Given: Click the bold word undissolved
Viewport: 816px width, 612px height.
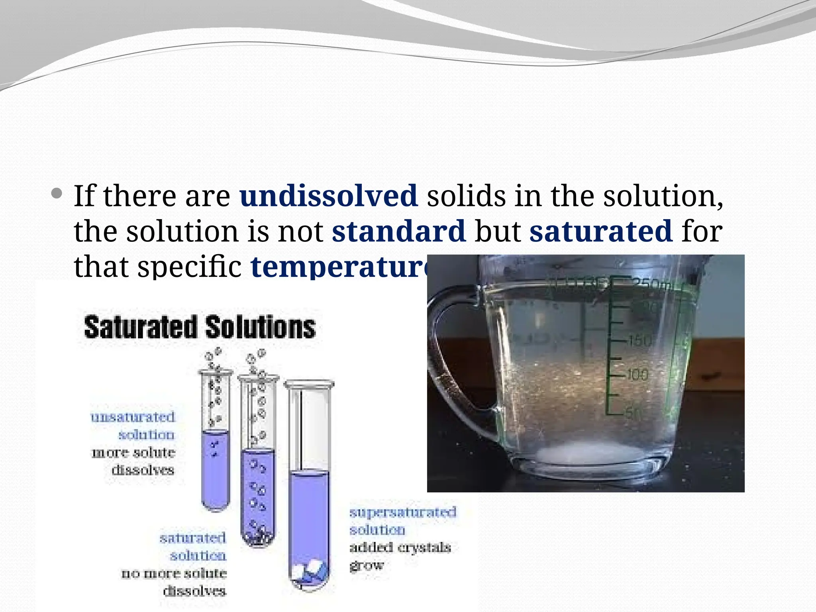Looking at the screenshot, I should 328,196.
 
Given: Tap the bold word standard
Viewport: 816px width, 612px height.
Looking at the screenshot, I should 398,231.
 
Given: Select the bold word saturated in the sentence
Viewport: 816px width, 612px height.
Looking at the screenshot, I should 601,231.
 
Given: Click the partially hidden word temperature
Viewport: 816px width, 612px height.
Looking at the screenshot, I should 339,266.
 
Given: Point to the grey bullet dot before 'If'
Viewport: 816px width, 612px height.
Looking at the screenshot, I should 57,194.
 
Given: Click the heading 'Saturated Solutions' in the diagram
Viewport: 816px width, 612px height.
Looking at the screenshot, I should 200,328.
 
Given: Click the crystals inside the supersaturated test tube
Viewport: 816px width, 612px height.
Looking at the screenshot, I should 310,572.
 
